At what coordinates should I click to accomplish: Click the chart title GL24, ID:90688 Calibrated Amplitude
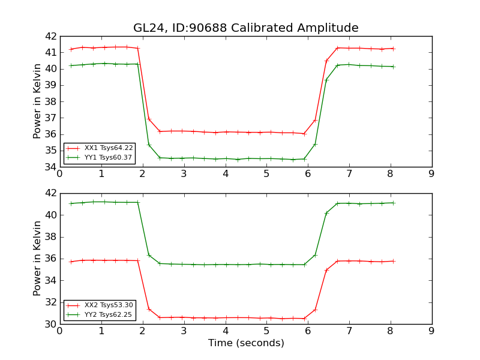click(x=246, y=28)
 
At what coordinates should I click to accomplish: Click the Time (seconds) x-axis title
click(x=246, y=343)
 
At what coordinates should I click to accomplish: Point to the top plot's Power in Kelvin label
click(x=37, y=101)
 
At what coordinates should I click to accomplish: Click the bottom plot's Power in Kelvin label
click(x=37, y=259)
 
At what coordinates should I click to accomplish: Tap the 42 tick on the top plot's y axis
click(x=50, y=36)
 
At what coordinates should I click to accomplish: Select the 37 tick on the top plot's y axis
click(x=50, y=118)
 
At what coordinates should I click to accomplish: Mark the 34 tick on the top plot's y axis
click(x=50, y=167)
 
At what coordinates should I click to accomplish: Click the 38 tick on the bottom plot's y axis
click(x=50, y=237)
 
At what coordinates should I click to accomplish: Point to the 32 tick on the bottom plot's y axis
click(x=50, y=302)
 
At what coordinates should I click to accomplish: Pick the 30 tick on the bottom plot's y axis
click(x=50, y=324)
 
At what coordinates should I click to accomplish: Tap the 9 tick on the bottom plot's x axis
click(x=431, y=332)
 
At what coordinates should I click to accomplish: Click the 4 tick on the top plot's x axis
click(x=226, y=175)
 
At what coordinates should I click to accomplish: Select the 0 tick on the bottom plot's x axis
click(x=59, y=332)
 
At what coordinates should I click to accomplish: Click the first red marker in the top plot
click(x=71, y=49)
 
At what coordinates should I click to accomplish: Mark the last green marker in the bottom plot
click(x=394, y=203)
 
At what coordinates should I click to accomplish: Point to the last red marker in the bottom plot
click(x=394, y=261)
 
